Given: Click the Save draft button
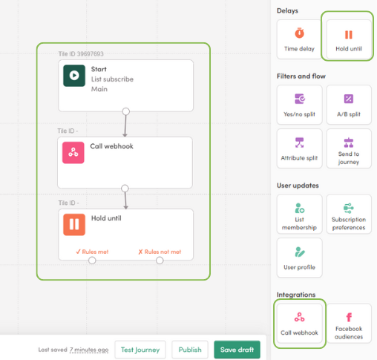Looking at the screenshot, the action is click(x=237, y=350).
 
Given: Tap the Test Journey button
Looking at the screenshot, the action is click(x=140, y=350).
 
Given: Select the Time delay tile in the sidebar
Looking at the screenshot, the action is click(x=299, y=39).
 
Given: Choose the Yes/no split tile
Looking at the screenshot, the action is click(x=299, y=105).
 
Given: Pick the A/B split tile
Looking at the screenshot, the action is click(x=349, y=105).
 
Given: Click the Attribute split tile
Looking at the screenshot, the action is click(x=299, y=148).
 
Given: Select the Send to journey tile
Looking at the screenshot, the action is click(x=349, y=148).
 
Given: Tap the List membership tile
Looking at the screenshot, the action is click(x=299, y=214).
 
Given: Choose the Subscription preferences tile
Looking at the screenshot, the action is click(x=349, y=214).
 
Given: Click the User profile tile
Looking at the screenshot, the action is click(x=299, y=258).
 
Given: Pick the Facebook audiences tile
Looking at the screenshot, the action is click(x=349, y=324).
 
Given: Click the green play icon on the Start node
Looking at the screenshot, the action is click(x=74, y=76).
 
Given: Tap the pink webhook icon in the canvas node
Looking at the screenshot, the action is click(x=73, y=152).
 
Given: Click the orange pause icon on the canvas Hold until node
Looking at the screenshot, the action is click(x=74, y=224).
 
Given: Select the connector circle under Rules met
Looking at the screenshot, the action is click(x=92, y=261).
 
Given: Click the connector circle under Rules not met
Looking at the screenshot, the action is click(x=160, y=261).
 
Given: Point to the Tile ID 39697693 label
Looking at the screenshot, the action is click(x=81, y=54).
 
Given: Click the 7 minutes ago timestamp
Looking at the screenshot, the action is click(x=89, y=350).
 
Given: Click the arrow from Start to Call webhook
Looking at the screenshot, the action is click(x=125, y=125).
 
